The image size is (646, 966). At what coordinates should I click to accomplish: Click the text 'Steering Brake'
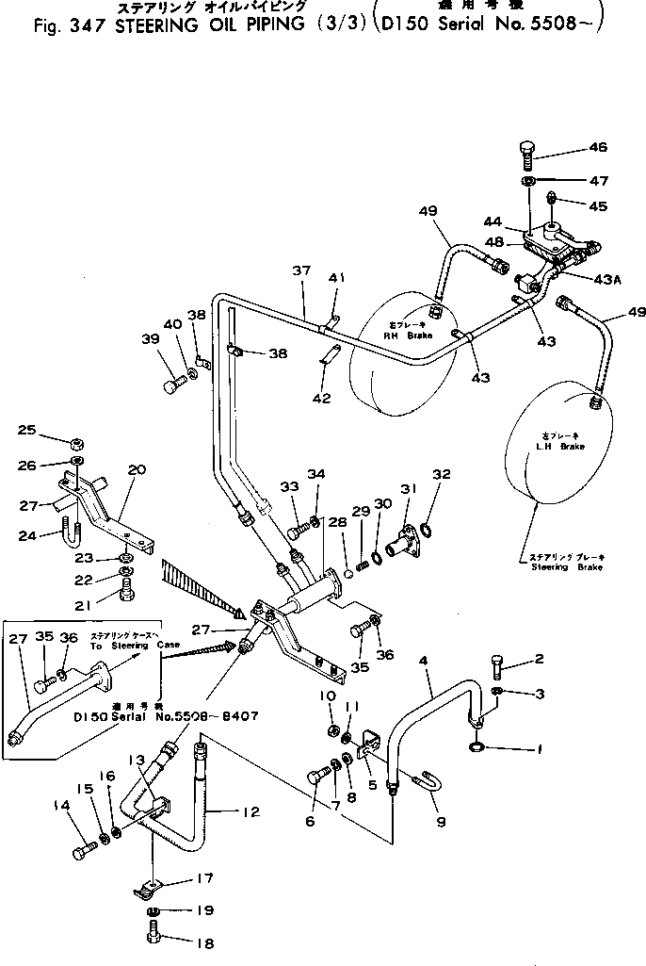pyautogui.click(x=563, y=567)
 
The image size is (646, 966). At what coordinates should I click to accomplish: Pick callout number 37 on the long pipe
pyautogui.click(x=300, y=271)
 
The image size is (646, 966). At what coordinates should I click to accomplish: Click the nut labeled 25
pyautogui.click(x=73, y=442)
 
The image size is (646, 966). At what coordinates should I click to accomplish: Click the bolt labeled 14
pyautogui.click(x=82, y=853)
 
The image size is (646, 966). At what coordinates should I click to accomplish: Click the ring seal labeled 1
pyautogui.click(x=477, y=748)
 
